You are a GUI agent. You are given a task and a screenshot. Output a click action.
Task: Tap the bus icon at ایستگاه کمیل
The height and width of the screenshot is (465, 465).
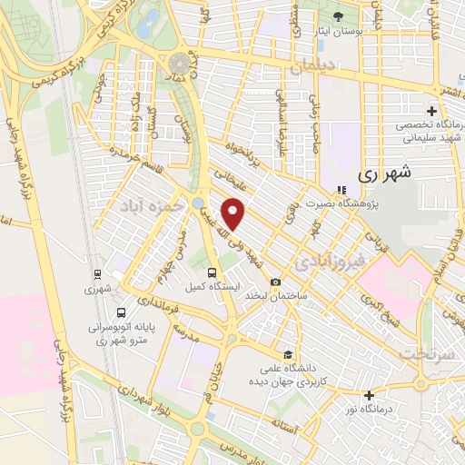212,272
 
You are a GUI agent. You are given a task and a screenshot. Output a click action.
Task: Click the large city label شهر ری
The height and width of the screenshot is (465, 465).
385,172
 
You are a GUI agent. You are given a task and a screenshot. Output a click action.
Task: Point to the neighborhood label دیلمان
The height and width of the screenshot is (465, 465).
313,67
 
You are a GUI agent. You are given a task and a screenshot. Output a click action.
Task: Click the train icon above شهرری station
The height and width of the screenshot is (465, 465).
97,273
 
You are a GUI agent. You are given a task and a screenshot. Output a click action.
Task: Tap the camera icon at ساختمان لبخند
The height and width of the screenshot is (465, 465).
275,282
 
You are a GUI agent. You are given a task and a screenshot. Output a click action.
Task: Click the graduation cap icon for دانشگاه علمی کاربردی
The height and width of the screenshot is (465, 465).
287,354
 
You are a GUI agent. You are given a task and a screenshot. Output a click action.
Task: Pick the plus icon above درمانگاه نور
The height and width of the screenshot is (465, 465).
369,395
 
